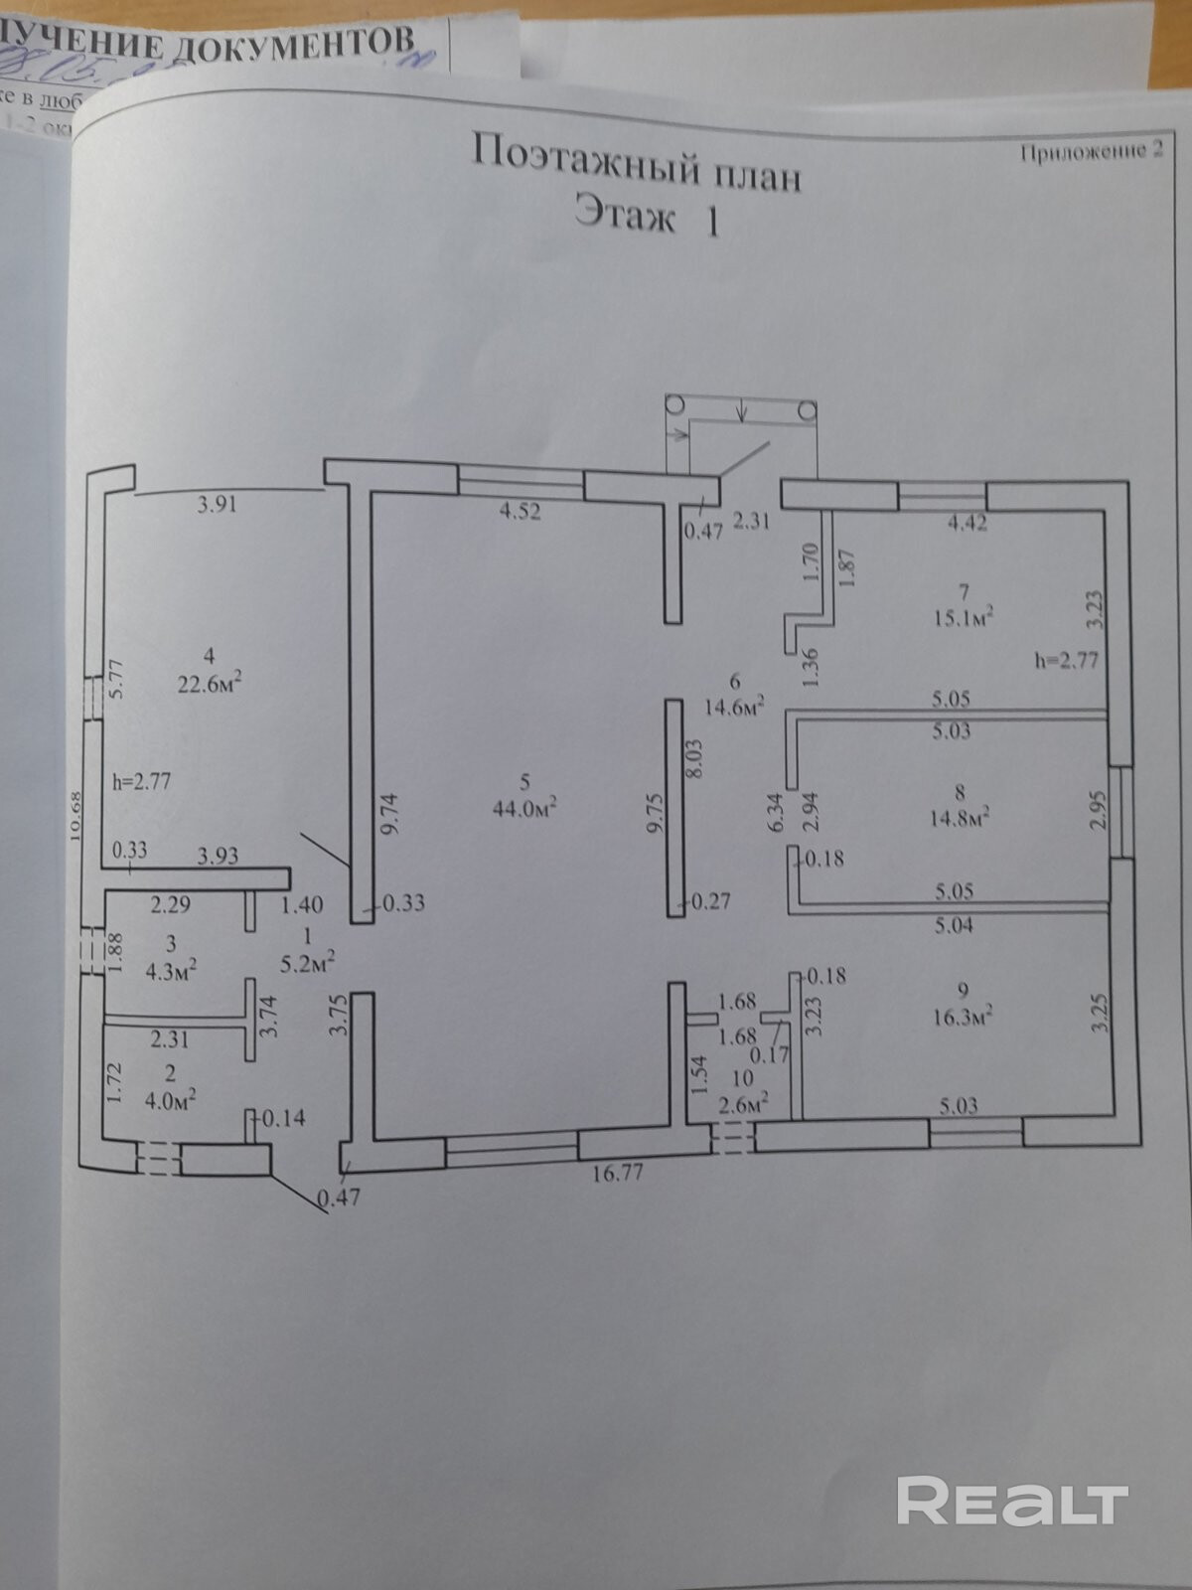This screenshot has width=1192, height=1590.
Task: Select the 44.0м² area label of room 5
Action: [x=523, y=808]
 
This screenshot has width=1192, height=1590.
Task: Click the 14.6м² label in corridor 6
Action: [x=734, y=708]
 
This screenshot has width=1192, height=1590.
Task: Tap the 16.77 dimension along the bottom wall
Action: [x=617, y=1173]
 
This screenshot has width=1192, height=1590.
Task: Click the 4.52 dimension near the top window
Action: [x=520, y=513]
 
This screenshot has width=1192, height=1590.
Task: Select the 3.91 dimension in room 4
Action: [x=217, y=504]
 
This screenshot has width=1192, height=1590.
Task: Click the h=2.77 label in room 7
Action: [x=1066, y=659]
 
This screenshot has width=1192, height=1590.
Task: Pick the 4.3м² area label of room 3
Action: [x=171, y=972]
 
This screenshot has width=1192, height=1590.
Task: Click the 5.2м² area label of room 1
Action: [x=308, y=961]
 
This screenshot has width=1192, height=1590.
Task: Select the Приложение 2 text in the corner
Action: [x=1090, y=152]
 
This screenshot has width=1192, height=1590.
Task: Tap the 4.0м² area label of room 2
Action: [x=170, y=1099]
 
